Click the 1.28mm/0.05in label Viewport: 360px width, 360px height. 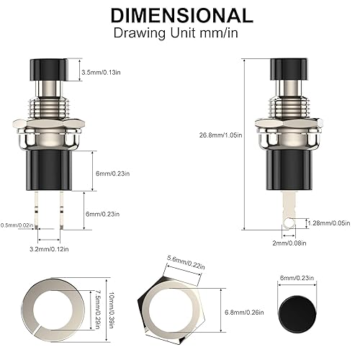tap(329, 224)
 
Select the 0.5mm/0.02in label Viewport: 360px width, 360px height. tap(17, 225)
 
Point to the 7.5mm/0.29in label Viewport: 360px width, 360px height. tap(97, 309)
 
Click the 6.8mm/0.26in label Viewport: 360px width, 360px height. tap(226, 313)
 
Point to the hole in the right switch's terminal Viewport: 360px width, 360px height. tap(289, 224)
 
